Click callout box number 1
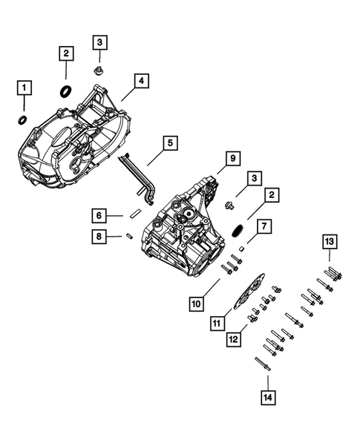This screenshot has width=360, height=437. point(24,89)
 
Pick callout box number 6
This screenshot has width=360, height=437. point(98,216)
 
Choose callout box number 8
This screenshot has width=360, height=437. point(98,237)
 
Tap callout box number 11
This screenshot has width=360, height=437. point(217,323)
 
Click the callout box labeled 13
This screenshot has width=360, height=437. point(329,241)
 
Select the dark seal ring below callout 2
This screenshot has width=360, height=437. point(65,91)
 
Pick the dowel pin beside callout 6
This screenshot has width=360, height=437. point(134,212)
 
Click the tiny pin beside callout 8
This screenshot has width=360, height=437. point(128,237)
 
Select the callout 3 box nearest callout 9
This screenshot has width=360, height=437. point(255,179)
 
